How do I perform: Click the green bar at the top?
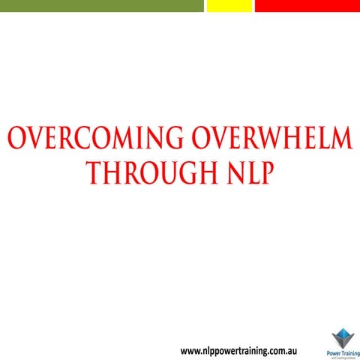[101, 5]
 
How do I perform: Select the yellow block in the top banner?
[229, 5]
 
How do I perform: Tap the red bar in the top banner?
[307, 5]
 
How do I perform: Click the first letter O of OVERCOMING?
[16, 141]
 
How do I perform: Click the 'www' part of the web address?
[192, 350]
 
